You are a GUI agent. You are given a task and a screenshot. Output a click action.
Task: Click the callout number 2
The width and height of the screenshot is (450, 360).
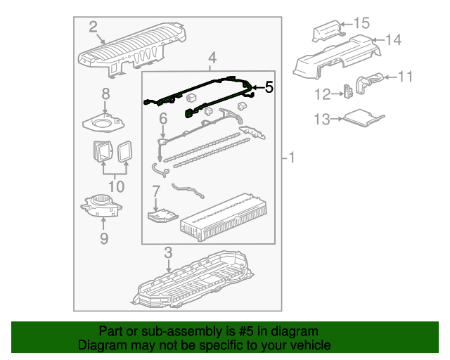[93, 27]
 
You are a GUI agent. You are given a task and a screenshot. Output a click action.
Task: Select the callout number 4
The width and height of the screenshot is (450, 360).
[212, 58]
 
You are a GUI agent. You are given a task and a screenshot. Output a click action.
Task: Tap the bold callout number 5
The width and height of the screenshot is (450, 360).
[269, 88]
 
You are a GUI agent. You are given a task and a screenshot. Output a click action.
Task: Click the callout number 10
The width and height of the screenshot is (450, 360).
[115, 186]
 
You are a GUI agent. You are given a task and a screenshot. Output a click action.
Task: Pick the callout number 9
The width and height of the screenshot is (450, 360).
[104, 239]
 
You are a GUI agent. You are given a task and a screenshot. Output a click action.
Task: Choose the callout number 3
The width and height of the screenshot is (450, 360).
[168, 253]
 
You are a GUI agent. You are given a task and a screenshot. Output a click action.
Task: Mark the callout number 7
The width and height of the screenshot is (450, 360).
[155, 191]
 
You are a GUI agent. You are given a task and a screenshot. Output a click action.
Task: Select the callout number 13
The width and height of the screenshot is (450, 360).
[321, 120]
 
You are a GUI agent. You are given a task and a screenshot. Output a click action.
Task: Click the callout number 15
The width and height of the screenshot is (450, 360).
[361, 23]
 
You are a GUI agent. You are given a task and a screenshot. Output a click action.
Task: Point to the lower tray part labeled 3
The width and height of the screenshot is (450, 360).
[193, 285]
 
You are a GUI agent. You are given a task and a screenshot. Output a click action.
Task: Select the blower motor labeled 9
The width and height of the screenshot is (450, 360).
[103, 205]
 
